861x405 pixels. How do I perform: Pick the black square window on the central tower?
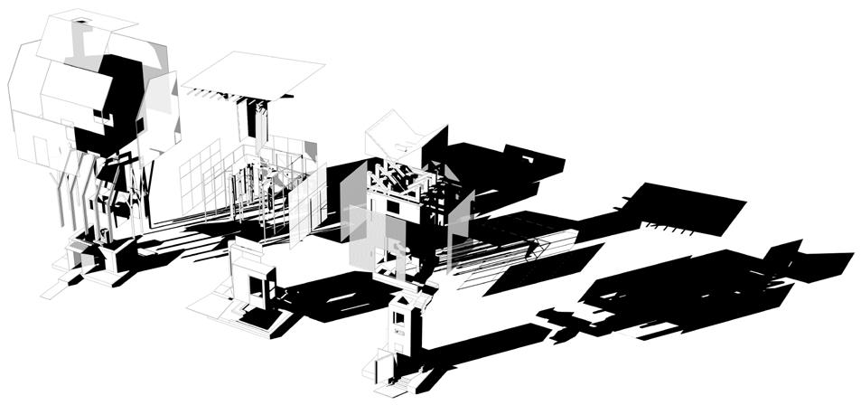[395, 206]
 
